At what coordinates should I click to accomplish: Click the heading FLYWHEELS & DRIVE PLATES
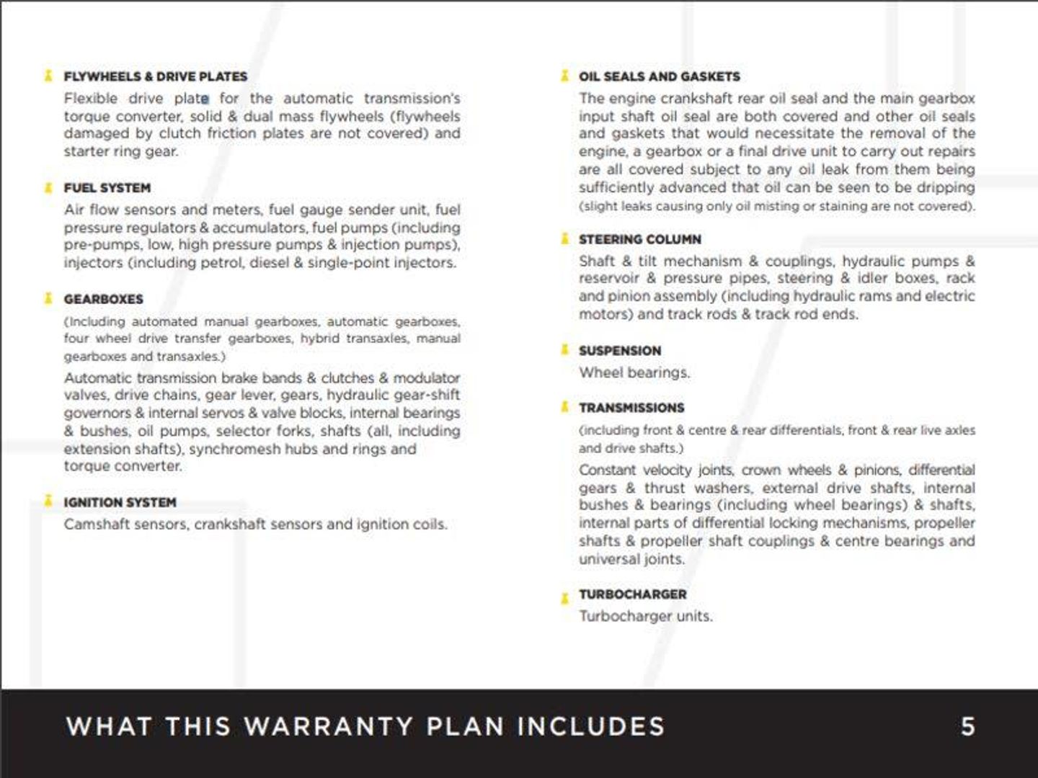point(155,76)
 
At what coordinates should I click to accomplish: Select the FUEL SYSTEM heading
point(107,188)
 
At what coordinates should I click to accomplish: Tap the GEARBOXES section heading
point(103,299)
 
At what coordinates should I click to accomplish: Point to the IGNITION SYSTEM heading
point(120,502)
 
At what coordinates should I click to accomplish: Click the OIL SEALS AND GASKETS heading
point(659,76)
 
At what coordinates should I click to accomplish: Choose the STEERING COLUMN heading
point(639,239)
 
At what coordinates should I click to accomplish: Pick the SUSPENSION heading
point(619,351)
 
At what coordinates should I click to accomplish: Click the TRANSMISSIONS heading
point(631,408)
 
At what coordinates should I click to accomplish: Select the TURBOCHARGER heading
point(632,594)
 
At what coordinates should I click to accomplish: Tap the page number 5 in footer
point(967,726)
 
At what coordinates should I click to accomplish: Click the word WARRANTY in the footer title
point(328,726)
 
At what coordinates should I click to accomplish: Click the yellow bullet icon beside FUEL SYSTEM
point(48,188)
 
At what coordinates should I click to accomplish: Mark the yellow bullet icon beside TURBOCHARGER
point(564,597)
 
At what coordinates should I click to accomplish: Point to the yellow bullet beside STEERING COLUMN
point(564,238)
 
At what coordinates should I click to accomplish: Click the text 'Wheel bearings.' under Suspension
point(634,372)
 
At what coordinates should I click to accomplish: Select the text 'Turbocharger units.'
point(645,616)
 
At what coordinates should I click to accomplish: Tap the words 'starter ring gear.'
point(120,151)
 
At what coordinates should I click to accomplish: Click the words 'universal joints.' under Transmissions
point(631,559)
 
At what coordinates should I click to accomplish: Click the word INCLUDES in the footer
point(590,726)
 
